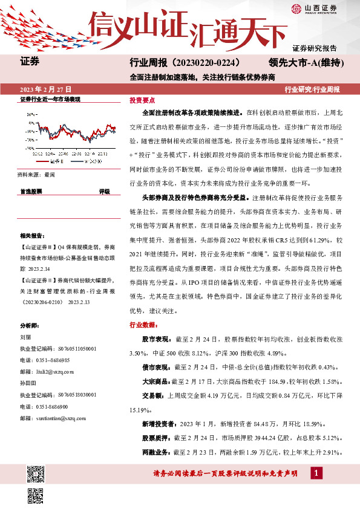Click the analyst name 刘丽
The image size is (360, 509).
coord(25,339)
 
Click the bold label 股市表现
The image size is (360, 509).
coord(156,339)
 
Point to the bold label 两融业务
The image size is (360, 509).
coord(156,452)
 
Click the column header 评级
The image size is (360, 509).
coord(105,191)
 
